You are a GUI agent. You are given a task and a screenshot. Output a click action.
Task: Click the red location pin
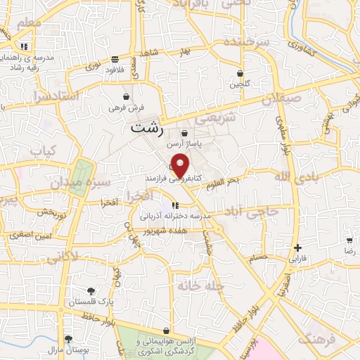(181, 165)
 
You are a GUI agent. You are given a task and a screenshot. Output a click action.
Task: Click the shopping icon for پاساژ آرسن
(185, 133)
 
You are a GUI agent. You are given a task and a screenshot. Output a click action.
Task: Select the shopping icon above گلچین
(240, 73)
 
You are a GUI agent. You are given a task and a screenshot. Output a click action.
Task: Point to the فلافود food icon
(114, 60)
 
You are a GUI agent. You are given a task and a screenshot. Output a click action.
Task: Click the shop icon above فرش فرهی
(126, 96)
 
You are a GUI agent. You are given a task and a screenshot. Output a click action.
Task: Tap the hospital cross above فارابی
(298, 247)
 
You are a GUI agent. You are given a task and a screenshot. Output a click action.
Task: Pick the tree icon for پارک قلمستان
(89, 290)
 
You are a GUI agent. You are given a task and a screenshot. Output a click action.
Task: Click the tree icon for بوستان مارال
(67, 339)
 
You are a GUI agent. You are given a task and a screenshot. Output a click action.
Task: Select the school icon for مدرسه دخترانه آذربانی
(174, 207)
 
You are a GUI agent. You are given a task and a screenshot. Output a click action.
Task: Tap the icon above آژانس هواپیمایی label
(166, 330)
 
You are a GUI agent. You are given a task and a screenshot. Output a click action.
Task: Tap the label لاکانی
(63, 257)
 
